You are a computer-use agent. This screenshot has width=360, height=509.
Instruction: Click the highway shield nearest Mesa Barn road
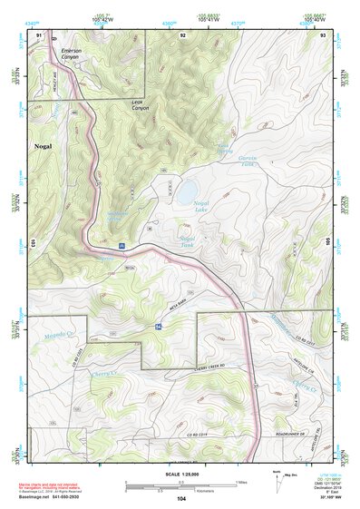(x=158, y=325)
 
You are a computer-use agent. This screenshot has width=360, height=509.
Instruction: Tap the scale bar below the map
(x=180, y=485)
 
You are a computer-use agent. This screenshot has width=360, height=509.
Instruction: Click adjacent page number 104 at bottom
(x=181, y=498)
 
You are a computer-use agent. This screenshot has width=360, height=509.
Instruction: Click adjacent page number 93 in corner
(x=323, y=34)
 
